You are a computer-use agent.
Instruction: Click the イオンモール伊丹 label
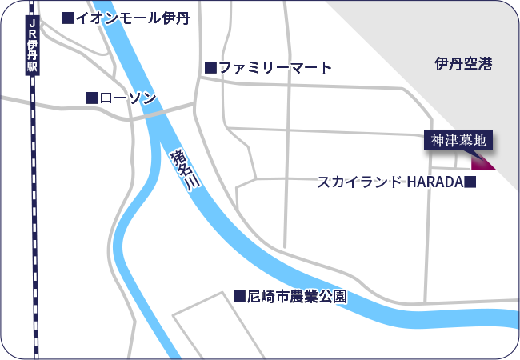[133, 18]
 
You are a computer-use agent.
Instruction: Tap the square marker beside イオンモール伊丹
[68, 18]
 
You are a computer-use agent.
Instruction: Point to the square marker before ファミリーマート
[210, 68]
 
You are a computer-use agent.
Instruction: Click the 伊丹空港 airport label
[463, 63]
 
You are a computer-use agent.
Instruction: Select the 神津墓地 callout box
[458, 141]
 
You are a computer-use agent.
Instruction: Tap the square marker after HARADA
[470, 182]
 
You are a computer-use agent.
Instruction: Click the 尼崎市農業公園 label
[297, 296]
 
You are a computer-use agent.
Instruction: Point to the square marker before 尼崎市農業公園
[238, 296]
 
